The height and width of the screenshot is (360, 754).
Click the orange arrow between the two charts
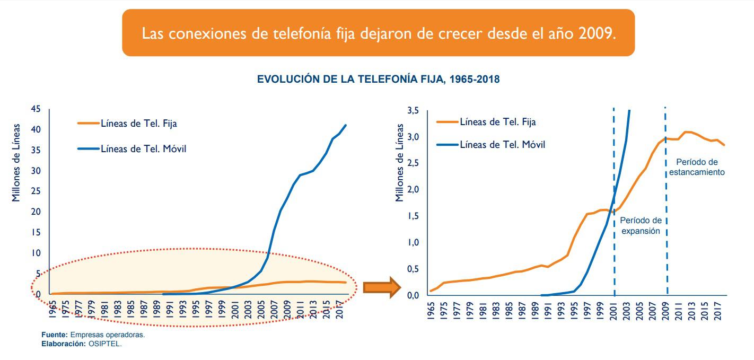point(381,287)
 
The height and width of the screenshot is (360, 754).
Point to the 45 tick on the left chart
point(36,109)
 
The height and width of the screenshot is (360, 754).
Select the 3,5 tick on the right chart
point(413,111)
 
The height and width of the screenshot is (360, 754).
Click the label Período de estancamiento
point(696,167)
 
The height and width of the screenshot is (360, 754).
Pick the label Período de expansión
point(641,225)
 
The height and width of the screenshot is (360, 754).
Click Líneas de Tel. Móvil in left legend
point(143,149)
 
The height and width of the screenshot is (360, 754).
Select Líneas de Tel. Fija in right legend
point(497,122)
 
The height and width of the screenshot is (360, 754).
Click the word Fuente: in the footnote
point(55,335)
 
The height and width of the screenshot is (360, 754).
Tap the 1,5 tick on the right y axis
point(413,216)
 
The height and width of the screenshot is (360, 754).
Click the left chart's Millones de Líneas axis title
point(16,163)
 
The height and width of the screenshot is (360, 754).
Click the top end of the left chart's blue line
point(346,125)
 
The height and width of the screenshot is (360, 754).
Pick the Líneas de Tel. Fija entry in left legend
point(138,124)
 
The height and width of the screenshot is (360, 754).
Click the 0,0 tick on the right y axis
point(413,295)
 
